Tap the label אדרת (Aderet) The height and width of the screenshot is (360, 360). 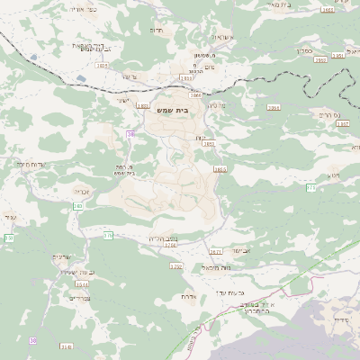pyautogui.click(x=188, y=295)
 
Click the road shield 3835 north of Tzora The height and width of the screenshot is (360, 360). pyautogui.click(x=102, y=66)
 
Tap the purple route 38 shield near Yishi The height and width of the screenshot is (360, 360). pyautogui.click(x=130, y=135)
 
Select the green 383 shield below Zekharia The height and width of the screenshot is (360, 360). pyautogui.click(x=78, y=206)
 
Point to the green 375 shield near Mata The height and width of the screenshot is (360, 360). pyautogui.click(x=311, y=188)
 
